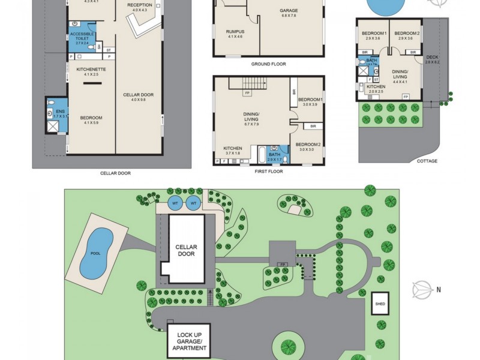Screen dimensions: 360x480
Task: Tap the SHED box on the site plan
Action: pyautogui.click(x=380, y=304)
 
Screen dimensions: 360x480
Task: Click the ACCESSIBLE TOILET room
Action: pyautogui.click(x=82, y=38)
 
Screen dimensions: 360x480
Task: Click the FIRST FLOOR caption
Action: pyautogui.click(x=268, y=172)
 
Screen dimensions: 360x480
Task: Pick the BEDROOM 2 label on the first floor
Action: pyautogui.click(x=308, y=146)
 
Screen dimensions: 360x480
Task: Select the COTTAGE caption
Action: pyautogui.click(x=427, y=161)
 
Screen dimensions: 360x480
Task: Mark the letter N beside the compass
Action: pyautogui.click(x=439, y=290)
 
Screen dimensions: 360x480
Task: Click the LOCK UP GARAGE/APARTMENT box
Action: pyautogui.click(x=188, y=340)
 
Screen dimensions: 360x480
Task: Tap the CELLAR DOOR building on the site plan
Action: pyautogui.click(x=186, y=250)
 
